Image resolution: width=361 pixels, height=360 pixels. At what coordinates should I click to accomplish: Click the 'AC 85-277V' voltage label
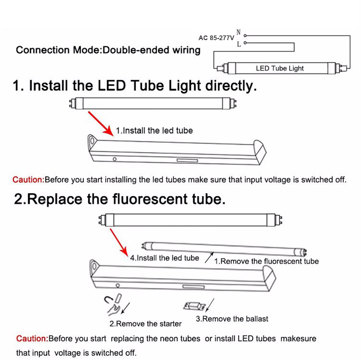coord(216,37)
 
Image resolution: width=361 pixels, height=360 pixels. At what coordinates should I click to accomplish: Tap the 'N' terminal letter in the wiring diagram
coord(238,33)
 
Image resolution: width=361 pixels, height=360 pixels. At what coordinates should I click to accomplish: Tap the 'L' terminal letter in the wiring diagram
coord(239,44)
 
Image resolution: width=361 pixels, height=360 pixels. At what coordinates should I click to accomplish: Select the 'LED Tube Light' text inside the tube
coord(280,68)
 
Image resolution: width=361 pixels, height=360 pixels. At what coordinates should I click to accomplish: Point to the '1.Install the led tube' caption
coord(154,130)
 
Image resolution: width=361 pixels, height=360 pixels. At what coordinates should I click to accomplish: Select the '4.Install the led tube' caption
coord(165,258)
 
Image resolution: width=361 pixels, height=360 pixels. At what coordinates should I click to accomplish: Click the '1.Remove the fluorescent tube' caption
coord(266,261)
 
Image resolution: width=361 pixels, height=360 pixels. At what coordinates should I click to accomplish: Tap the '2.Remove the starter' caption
coord(145,323)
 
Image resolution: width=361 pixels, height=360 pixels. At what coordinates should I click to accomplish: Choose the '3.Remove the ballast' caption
coord(232,319)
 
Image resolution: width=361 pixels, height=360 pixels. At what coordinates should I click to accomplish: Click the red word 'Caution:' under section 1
coord(28,180)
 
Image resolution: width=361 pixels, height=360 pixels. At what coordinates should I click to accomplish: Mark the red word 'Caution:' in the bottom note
coord(32,339)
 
